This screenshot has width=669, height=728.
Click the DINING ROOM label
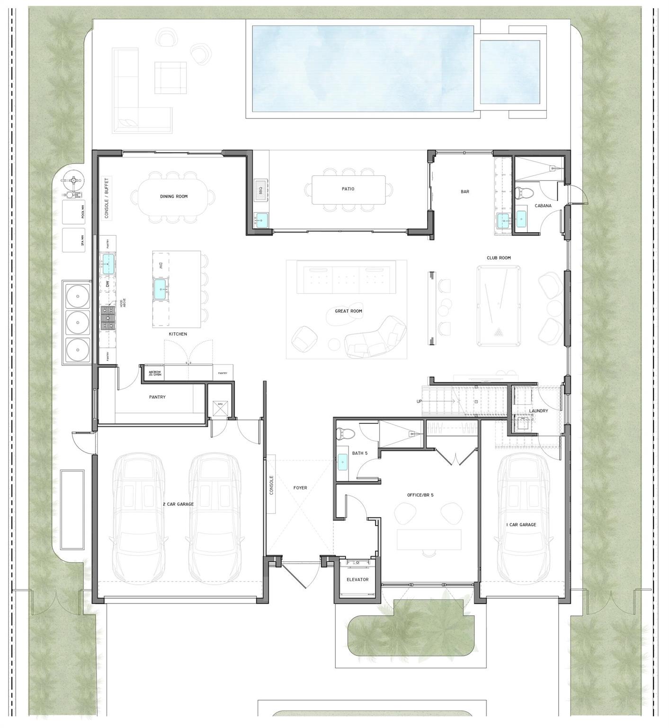pos(174,196)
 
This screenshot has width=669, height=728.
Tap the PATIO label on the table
pos(348,189)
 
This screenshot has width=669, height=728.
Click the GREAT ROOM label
pos(348,311)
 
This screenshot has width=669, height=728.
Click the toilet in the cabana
pos(523,193)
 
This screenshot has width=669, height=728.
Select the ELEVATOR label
pos(357,580)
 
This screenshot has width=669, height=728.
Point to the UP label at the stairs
pos(419,401)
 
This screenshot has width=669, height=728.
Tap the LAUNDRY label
pos(538,411)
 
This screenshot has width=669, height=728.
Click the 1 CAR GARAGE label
pos(521,525)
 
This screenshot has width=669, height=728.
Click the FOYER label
pos(300,488)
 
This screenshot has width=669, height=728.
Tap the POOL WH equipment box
pos(74,212)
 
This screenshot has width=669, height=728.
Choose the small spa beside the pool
pos(510,72)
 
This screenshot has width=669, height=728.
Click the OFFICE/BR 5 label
pos(420,495)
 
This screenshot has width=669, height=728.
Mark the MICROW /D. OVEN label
pos(155,373)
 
